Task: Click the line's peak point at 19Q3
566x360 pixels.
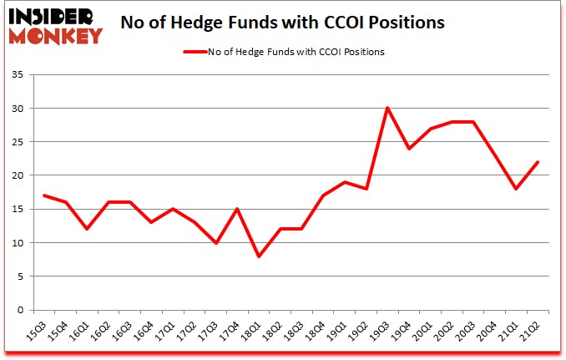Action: [x=387, y=108]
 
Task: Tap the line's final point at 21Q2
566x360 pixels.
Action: [x=538, y=162]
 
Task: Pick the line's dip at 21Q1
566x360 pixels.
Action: [x=517, y=189]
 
